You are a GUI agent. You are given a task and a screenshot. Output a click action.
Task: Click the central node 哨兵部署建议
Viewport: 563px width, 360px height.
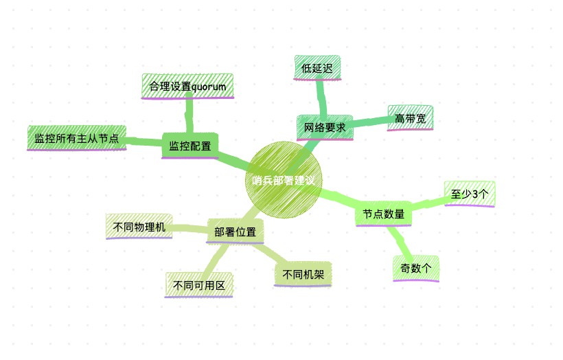click(284, 179)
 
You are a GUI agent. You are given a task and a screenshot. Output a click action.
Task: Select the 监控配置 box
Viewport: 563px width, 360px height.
click(190, 146)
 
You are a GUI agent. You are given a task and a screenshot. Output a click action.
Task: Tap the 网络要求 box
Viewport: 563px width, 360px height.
click(325, 128)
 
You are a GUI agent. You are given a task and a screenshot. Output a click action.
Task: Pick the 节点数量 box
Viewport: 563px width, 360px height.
click(384, 214)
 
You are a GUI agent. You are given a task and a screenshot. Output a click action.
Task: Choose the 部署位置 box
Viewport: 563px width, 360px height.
click(235, 232)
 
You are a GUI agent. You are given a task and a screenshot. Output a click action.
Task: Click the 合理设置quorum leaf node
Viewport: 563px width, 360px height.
click(187, 87)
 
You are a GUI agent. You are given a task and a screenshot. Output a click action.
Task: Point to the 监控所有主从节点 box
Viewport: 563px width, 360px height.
click(76, 138)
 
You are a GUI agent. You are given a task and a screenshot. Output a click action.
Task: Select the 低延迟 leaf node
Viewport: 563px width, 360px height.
click(317, 67)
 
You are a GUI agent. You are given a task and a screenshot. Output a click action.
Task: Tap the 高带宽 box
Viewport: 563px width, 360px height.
click(410, 118)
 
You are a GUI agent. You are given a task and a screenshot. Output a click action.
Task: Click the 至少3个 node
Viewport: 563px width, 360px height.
click(470, 194)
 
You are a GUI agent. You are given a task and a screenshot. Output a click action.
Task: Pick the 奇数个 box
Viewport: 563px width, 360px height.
click(416, 268)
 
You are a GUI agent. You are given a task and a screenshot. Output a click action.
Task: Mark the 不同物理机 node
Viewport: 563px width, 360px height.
click(139, 227)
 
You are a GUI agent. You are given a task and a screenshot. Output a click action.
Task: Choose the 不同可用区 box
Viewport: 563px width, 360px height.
click(199, 285)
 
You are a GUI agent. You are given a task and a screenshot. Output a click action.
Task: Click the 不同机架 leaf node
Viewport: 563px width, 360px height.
click(303, 275)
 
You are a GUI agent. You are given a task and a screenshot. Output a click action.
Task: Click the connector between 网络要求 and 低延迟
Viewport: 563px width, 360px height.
click(322, 98)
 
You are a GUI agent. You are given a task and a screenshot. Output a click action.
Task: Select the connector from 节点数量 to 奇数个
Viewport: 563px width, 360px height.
click(400, 241)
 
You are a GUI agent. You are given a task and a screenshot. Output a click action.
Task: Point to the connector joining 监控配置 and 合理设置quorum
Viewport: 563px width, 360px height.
click(189, 115)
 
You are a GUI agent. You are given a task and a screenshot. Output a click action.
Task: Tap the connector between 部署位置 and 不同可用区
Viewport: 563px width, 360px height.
click(216, 258)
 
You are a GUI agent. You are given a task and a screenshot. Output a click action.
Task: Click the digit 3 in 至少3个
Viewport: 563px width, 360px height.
click(473, 194)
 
